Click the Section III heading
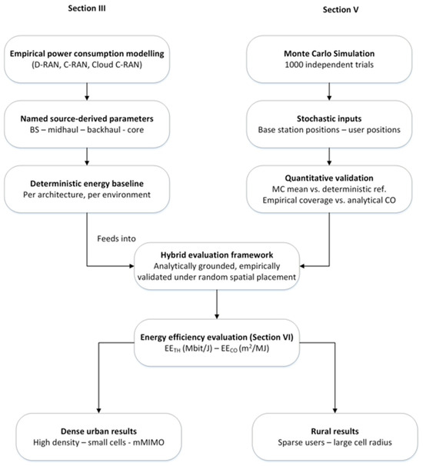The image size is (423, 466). pos(86,8)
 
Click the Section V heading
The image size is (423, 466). pos(341,10)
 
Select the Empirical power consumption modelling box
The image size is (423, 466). pos(87,59)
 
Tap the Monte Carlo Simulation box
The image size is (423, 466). pos(329,59)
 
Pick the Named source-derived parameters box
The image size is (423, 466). pos(87,125)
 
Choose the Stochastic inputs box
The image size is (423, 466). pos(329,125)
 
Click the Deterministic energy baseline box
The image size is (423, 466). pos(87,189)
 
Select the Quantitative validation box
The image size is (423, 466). pos(329,189)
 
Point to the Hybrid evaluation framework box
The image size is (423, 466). pos(217,266)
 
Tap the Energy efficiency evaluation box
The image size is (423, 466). pos(217,343)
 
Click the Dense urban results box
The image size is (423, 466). pos(98,437)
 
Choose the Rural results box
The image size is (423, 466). pos(335,437)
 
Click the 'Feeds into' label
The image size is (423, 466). pos(116,238)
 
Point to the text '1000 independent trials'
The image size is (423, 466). pos(329,65)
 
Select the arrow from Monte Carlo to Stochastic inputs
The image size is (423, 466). pos(329,92)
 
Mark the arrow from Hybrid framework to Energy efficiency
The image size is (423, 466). pos(217,305)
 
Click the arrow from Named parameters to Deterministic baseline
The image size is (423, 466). pos(87,157)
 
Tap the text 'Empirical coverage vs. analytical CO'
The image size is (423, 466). pos(329,200)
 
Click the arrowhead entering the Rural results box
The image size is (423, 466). pos(335,411)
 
